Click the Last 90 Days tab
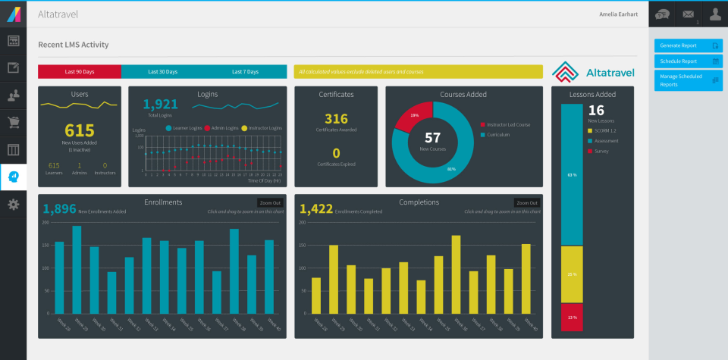point(79,72)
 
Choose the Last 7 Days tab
point(245,72)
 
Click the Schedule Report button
point(689,61)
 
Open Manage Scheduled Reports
point(689,80)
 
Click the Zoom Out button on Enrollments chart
point(270,203)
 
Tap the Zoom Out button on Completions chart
point(526,203)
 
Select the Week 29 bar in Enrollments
point(77,269)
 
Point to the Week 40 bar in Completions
point(526,278)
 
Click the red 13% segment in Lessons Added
point(572,317)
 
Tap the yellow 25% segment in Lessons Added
point(572,274)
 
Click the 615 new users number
point(79,130)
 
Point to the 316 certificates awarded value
point(336,119)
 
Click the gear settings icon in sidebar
point(13,204)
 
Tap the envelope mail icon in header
point(688,13)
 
